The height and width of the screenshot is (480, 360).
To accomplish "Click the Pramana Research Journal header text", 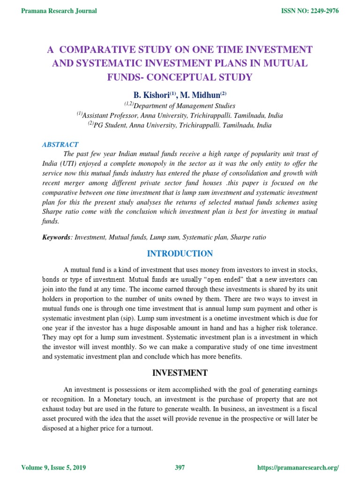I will [59, 11].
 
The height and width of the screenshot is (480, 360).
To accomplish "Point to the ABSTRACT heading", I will [60, 145].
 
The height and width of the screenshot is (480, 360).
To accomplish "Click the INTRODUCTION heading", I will [180, 254].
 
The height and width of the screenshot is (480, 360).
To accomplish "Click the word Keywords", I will [56, 238].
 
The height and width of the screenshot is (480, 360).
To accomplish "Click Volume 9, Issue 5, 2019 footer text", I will [53, 468].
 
